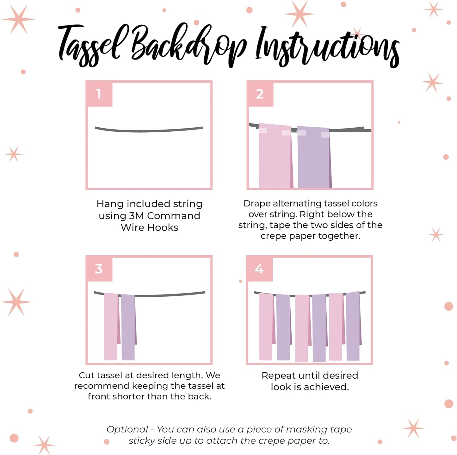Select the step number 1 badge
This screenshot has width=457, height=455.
click(x=99, y=94)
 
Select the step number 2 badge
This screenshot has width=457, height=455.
click(x=260, y=94)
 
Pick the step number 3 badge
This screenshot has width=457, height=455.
click(x=99, y=269)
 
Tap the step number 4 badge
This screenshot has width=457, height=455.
click(x=259, y=269)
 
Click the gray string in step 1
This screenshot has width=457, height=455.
click(x=149, y=130)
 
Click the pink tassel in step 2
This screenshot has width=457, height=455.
click(x=275, y=155)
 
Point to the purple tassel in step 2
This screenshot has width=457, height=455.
click(x=314, y=157)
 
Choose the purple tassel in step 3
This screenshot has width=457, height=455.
click(x=129, y=327)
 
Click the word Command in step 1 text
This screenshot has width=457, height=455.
click(x=174, y=216)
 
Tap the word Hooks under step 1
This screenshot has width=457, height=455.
click(x=163, y=227)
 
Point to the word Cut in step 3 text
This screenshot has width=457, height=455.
click(x=87, y=376)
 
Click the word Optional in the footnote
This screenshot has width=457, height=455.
click(x=127, y=430)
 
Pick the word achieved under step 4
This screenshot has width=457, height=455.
click(x=326, y=387)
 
